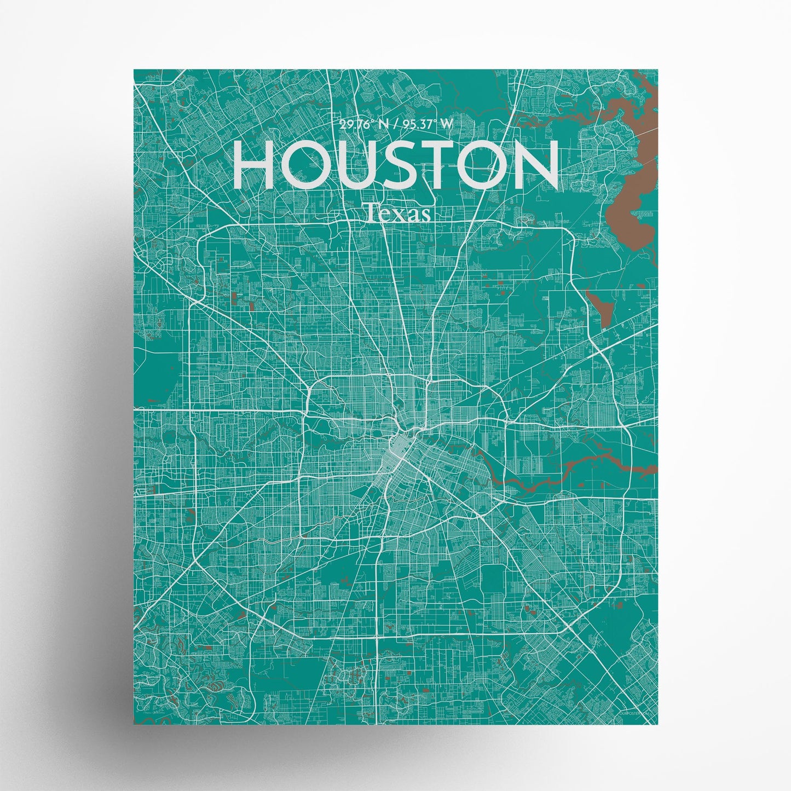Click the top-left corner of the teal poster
[135, 71]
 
